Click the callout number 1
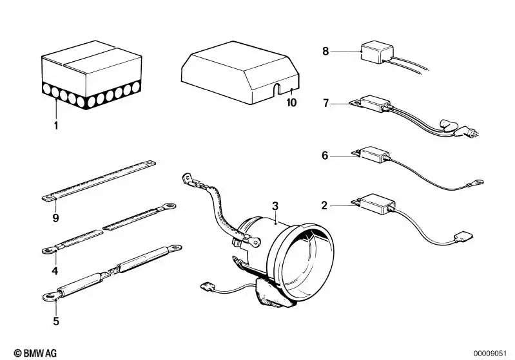tap(56, 126)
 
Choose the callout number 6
tap(326, 155)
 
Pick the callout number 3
tap(275, 206)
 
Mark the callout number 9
tap(56, 218)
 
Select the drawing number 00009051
tap(493, 353)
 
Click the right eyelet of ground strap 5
tap(175, 247)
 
